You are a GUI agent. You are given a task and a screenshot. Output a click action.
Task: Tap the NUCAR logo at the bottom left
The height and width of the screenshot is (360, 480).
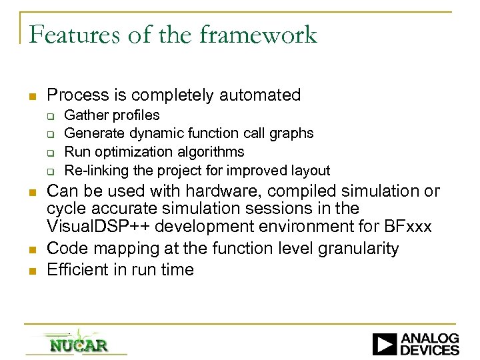tap(78, 345)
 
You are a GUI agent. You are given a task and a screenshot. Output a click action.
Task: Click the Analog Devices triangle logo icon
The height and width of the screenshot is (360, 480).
tap(384, 344)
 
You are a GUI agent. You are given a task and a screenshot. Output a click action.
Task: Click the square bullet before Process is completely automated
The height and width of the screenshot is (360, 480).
tap(31, 96)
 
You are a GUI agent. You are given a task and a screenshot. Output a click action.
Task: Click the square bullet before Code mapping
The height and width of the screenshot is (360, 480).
tap(31, 249)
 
